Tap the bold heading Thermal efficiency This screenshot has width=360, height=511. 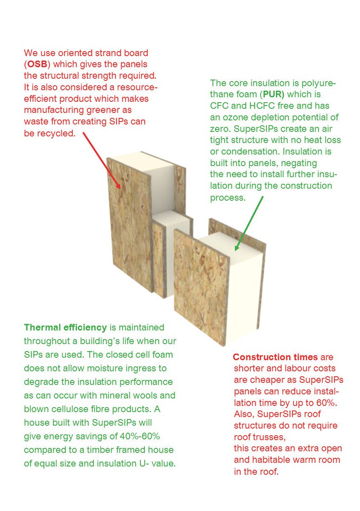pos(65,327)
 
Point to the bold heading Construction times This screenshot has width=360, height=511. pos(275,357)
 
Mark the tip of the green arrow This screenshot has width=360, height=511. pos(235,250)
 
